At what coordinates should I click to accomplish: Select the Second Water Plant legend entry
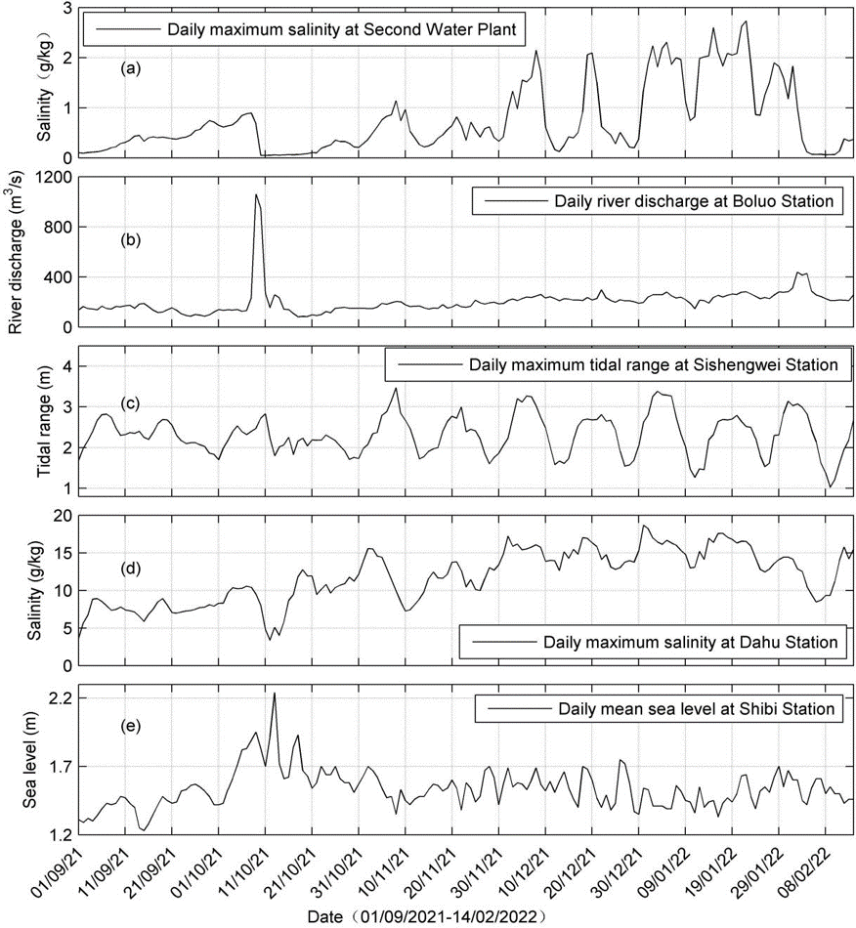point(305,28)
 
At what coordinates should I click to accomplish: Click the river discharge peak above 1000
point(256,194)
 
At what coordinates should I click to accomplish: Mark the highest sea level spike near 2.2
point(275,693)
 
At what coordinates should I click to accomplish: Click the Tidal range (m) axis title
point(44,425)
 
